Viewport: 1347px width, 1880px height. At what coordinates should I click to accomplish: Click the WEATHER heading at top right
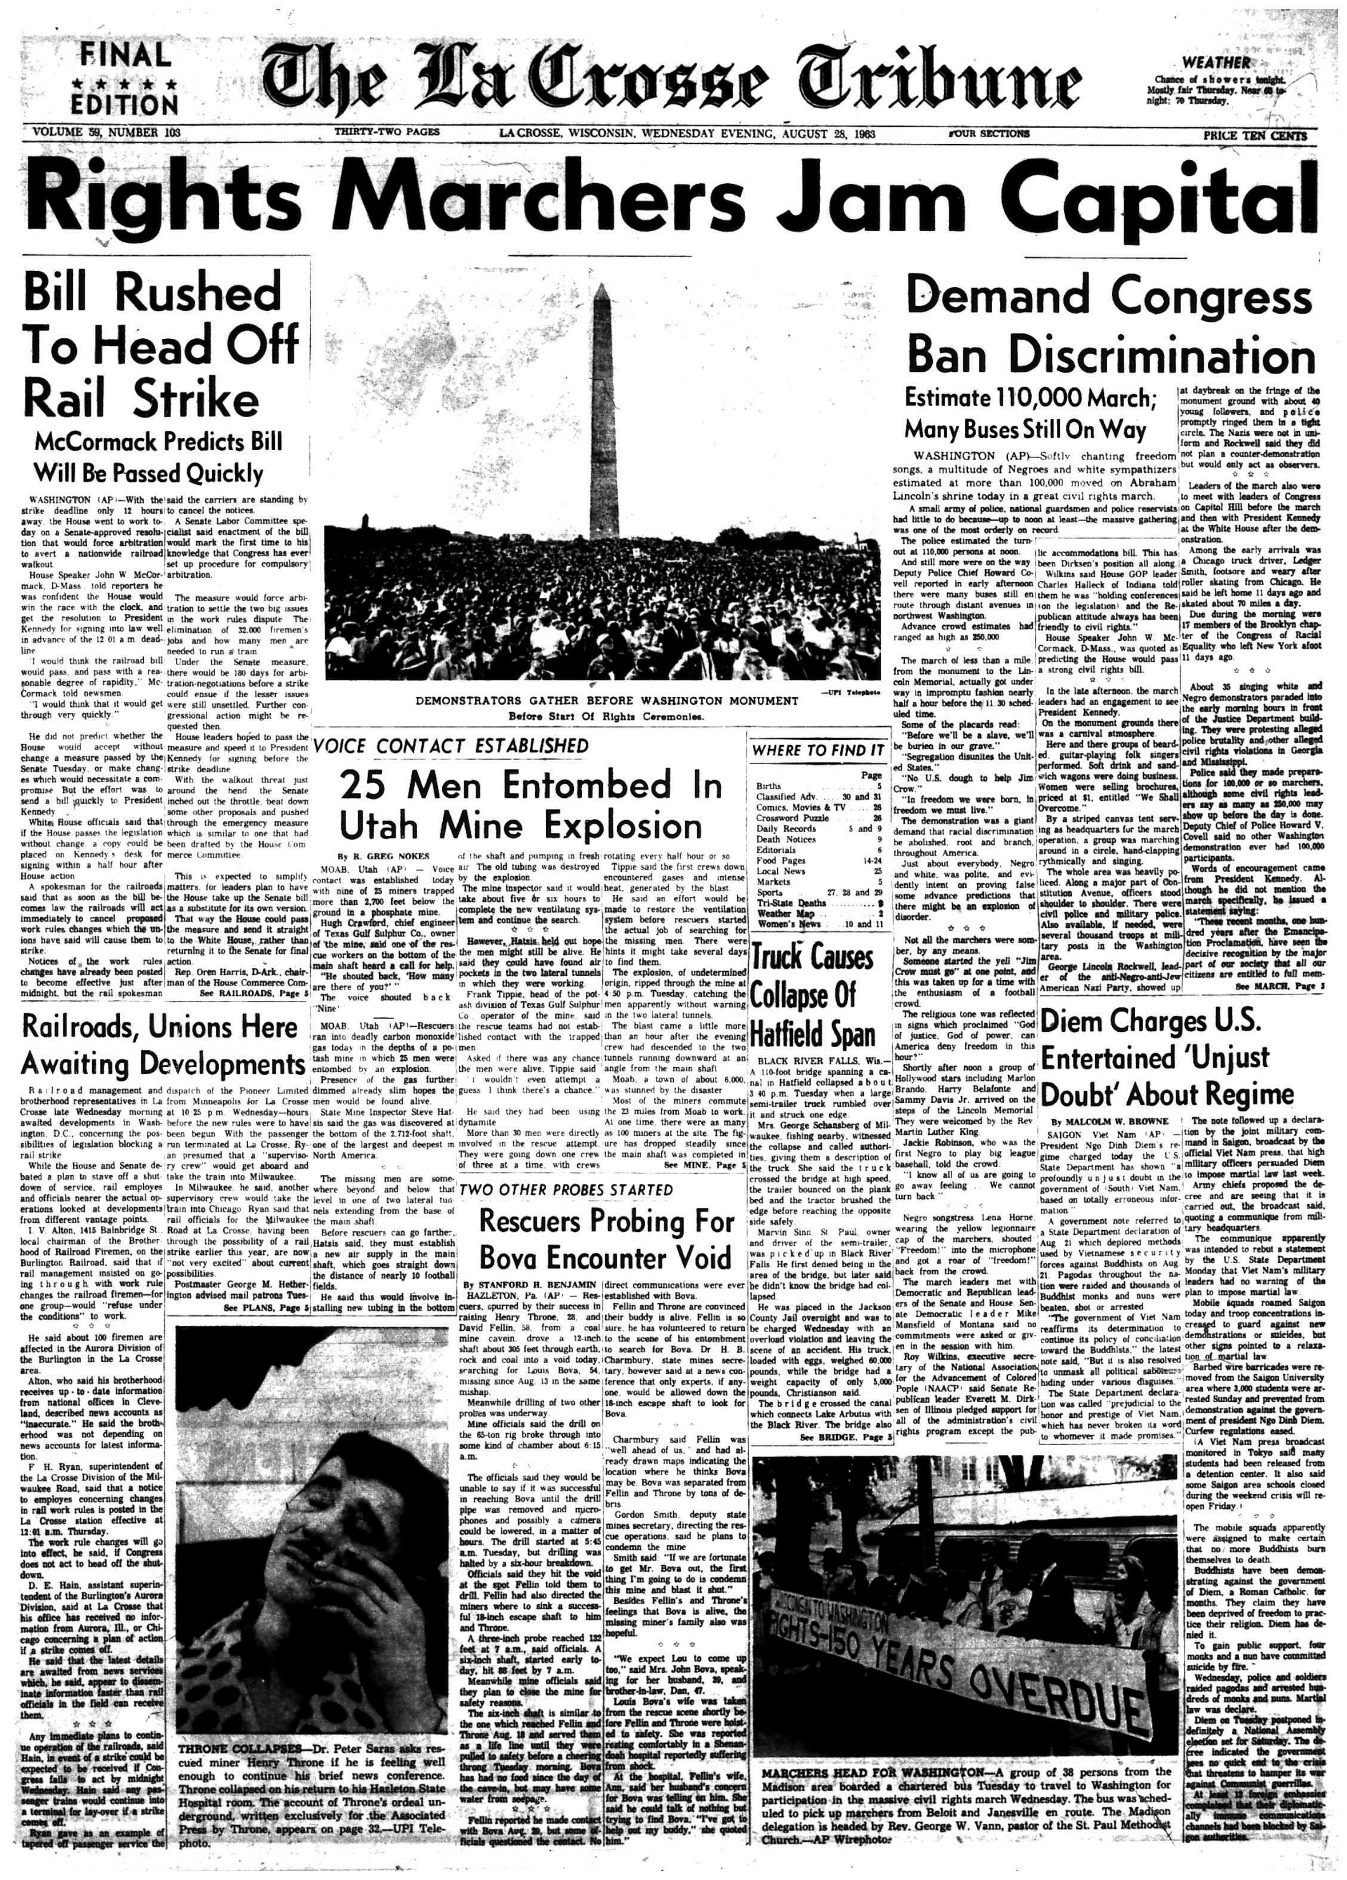tap(1216, 62)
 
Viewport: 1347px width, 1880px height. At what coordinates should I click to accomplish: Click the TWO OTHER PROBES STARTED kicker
tap(566, 1190)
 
